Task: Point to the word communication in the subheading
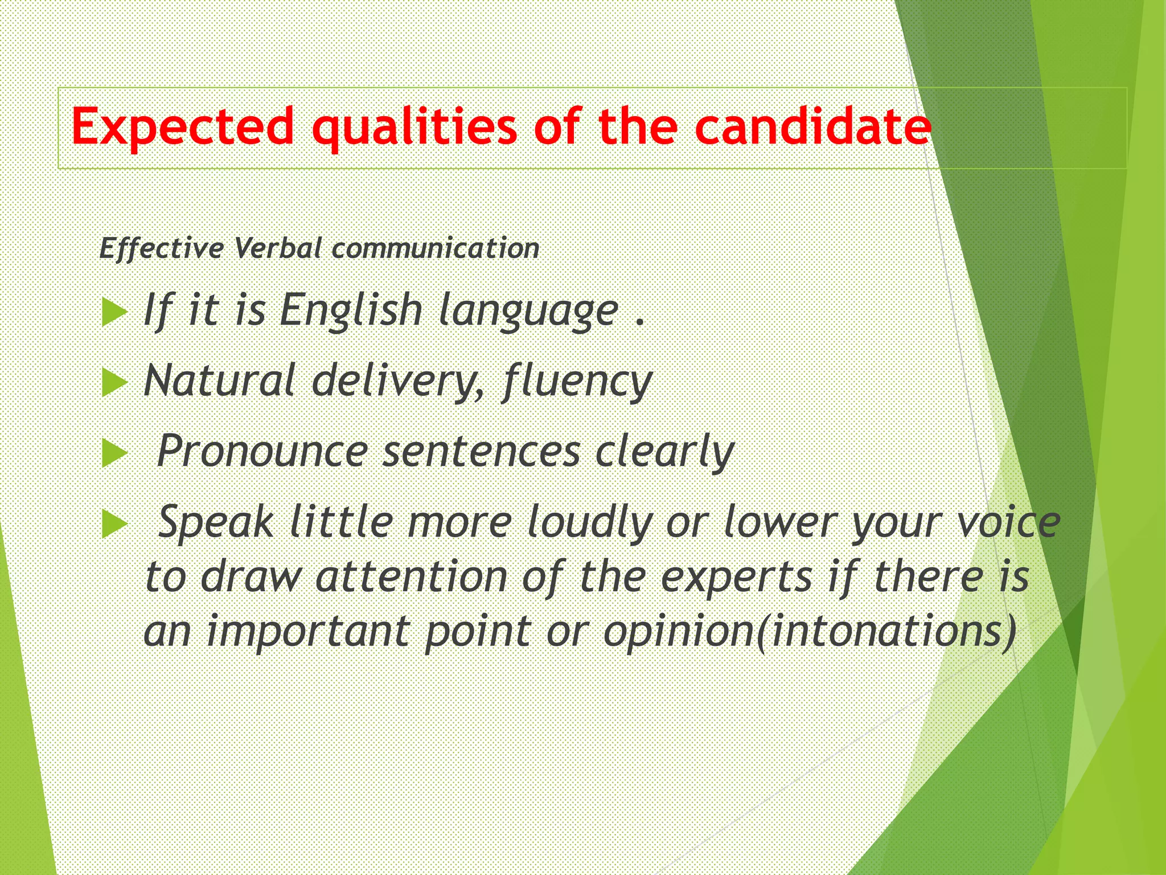(436, 248)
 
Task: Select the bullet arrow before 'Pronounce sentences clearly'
(114, 454)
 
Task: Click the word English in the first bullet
(350, 310)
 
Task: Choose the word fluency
(577, 382)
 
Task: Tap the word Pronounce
(262, 451)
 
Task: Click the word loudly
(589, 522)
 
